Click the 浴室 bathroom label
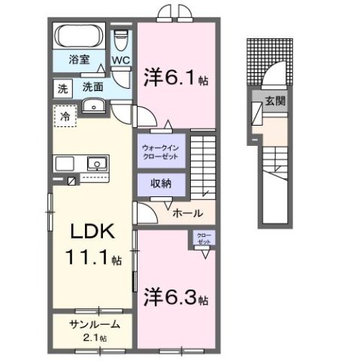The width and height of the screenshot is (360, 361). (x=80, y=58)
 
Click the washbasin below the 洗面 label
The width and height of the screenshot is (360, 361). (x=93, y=105)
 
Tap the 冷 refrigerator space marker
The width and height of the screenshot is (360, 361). (x=66, y=117)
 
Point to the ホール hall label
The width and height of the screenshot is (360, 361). (x=187, y=214)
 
